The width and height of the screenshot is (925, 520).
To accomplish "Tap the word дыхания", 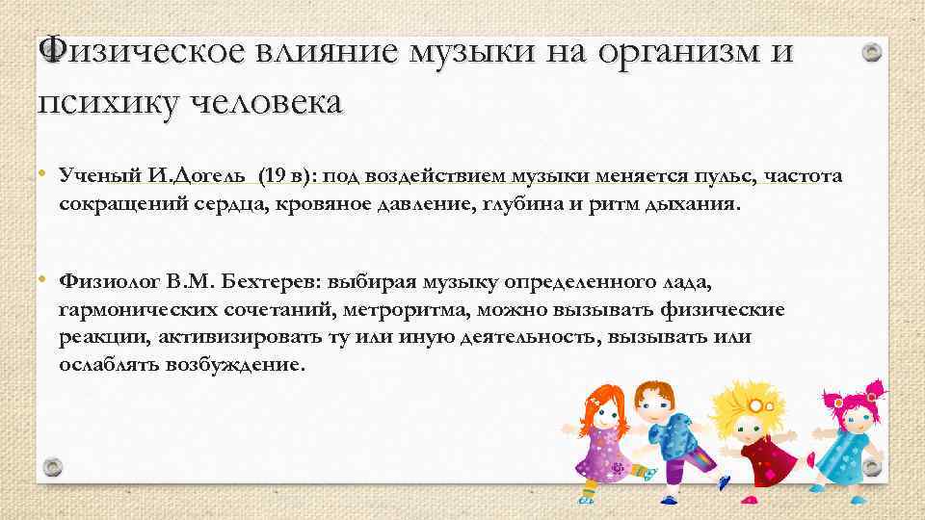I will tap(692, 204).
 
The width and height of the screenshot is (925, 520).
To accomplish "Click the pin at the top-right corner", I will tap(872, 53).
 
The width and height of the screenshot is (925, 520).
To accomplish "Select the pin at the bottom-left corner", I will tap(52, 467).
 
